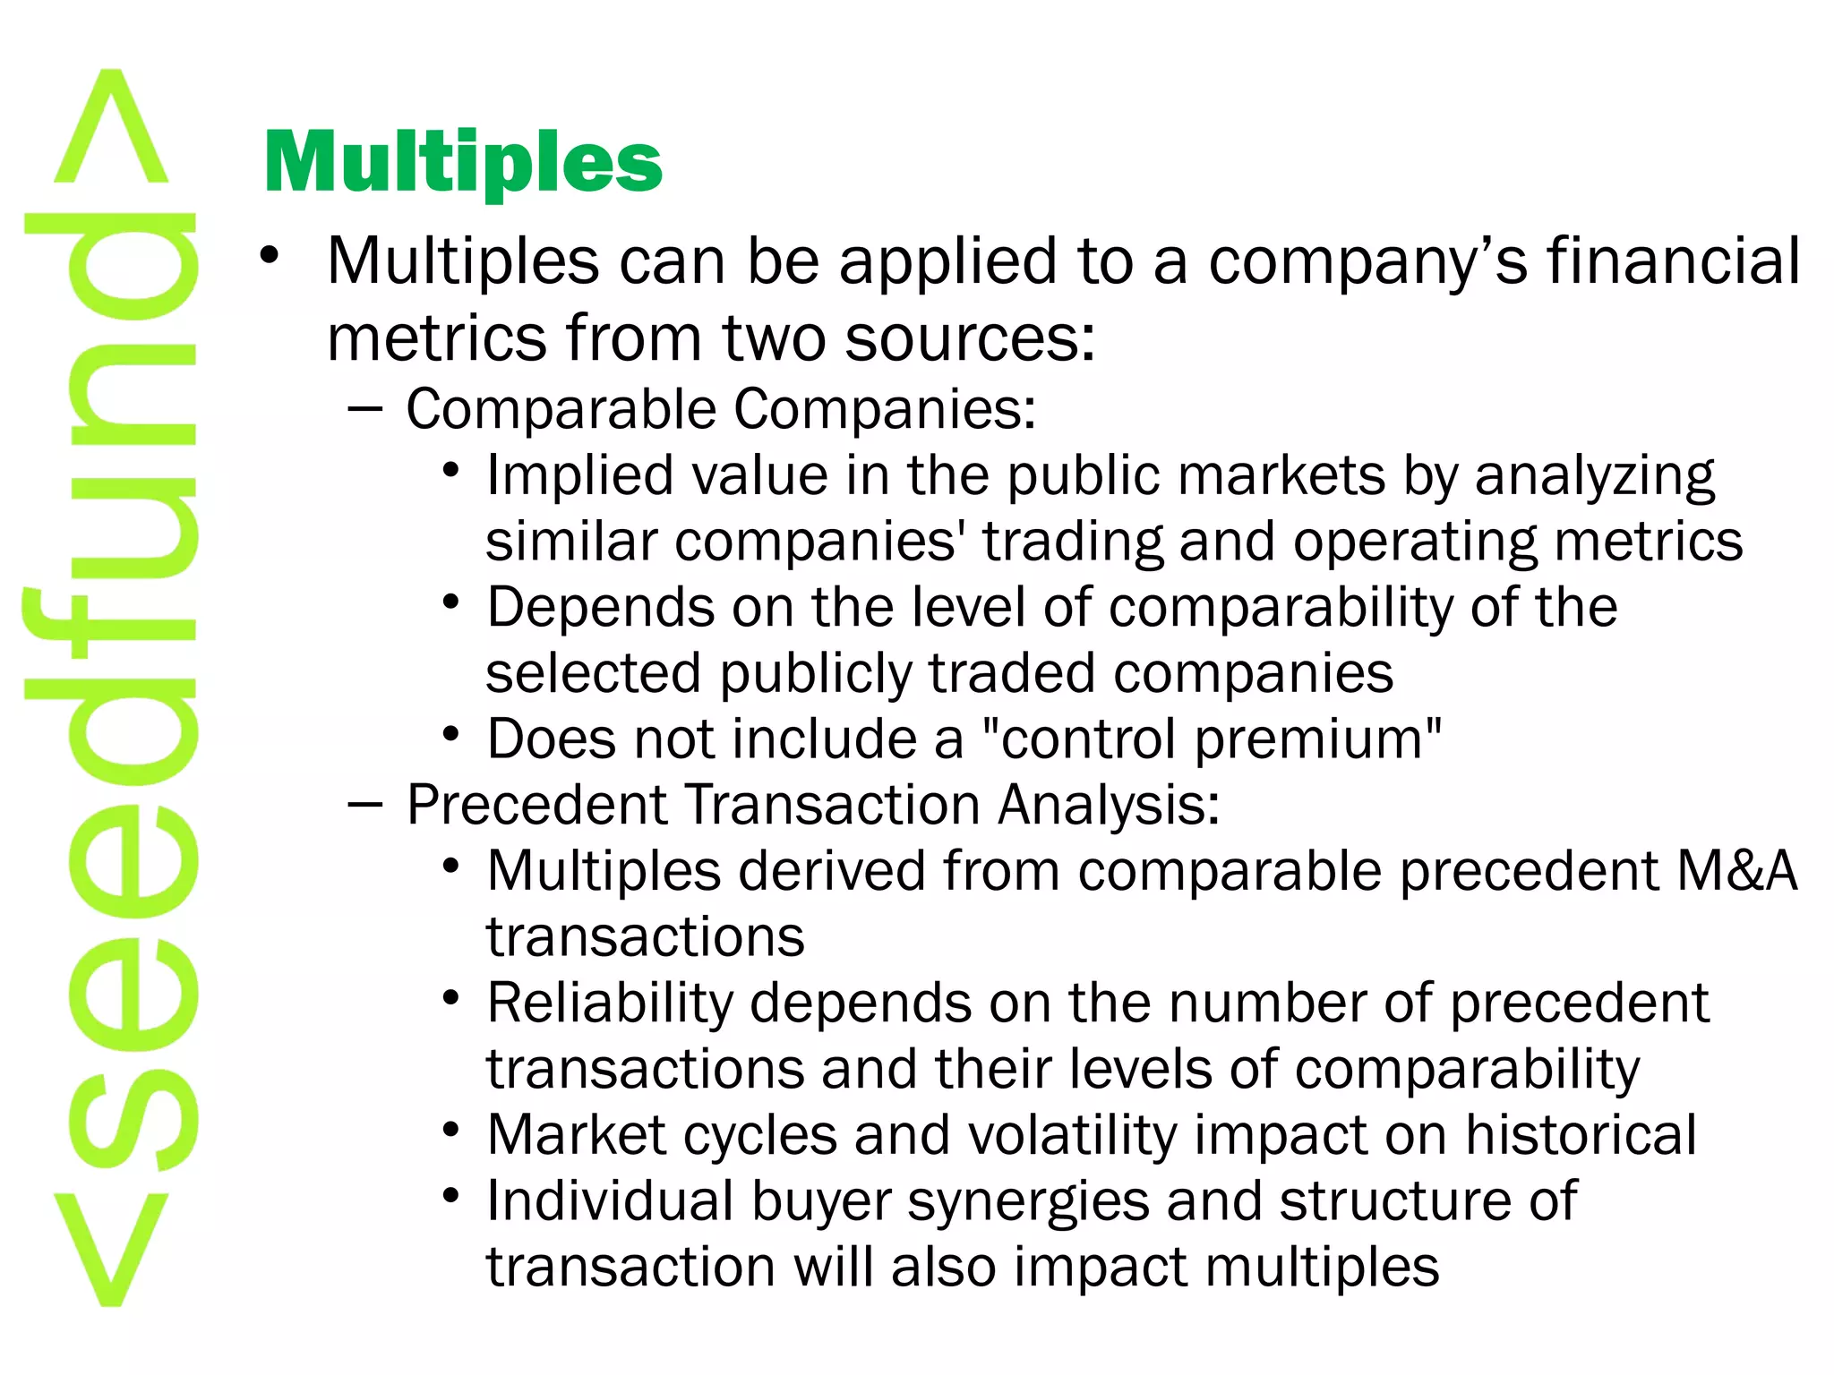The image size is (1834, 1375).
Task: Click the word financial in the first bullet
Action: [1674, 261]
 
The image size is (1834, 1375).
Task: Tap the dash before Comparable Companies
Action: [364, 410]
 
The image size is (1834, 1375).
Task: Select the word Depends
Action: [600, 607]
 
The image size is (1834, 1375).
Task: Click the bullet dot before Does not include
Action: [451, 735]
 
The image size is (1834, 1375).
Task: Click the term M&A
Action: [1736, 871]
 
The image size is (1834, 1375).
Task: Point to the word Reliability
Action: [610, 1003]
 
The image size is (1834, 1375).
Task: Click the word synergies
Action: [1028, 1201]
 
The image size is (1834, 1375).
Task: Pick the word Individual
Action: [610, 1201]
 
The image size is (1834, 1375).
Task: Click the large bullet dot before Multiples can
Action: [270, 256]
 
